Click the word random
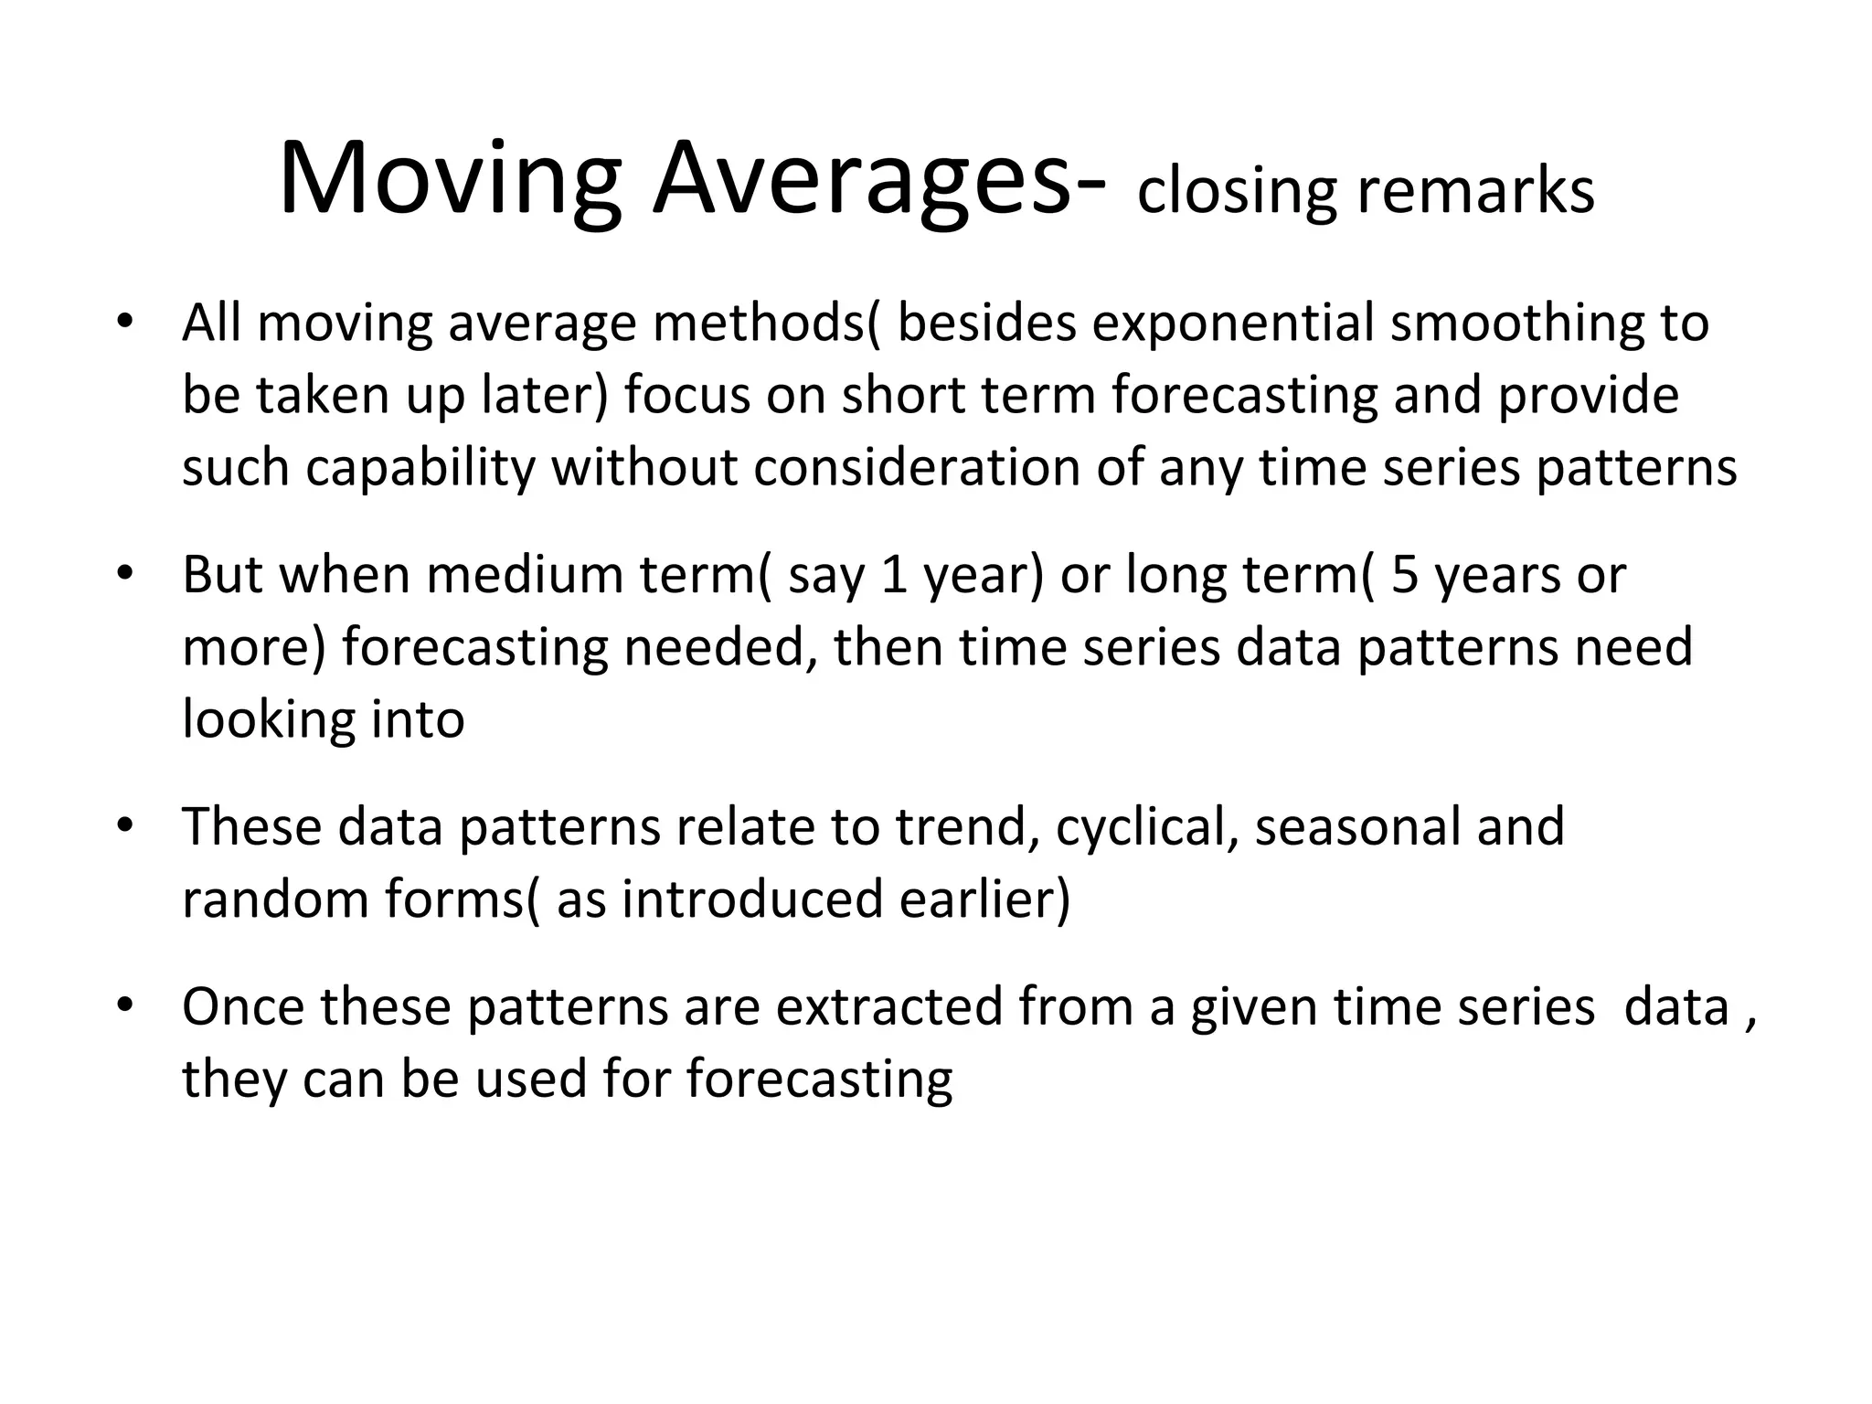coord(275,899)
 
